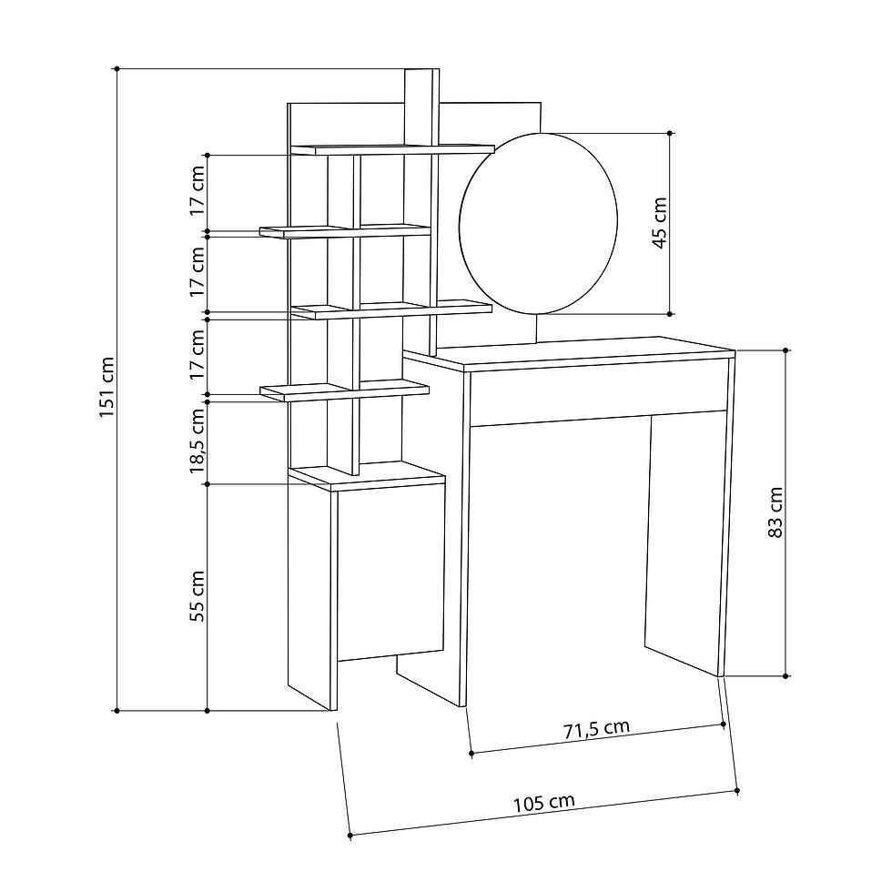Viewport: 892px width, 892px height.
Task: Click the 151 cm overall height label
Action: point(107,388)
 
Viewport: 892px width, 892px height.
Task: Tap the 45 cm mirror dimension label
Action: point(659,222)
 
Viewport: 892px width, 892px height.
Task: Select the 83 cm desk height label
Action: point(775,512)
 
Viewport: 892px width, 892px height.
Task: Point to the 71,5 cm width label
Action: point(597,729)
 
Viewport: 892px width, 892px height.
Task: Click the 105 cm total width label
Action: point(544,803)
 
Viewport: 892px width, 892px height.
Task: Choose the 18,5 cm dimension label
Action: point(197,441)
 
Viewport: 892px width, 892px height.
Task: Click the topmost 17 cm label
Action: point(197,190)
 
